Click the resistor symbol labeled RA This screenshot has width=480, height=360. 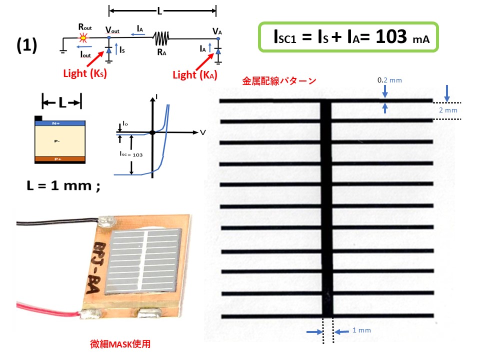(161, 37)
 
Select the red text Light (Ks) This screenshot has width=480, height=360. (85, 73)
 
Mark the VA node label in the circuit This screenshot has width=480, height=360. (217, 31)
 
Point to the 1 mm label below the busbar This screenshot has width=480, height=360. (361, 330)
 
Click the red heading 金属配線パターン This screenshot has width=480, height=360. (279, 80)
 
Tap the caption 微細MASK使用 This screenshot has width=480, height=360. (120, 344)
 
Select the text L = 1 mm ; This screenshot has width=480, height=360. (62, 186)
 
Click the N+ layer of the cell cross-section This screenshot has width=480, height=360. (59, 122)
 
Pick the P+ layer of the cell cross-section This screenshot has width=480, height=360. (59, 158)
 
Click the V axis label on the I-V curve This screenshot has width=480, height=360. (202, 132)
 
